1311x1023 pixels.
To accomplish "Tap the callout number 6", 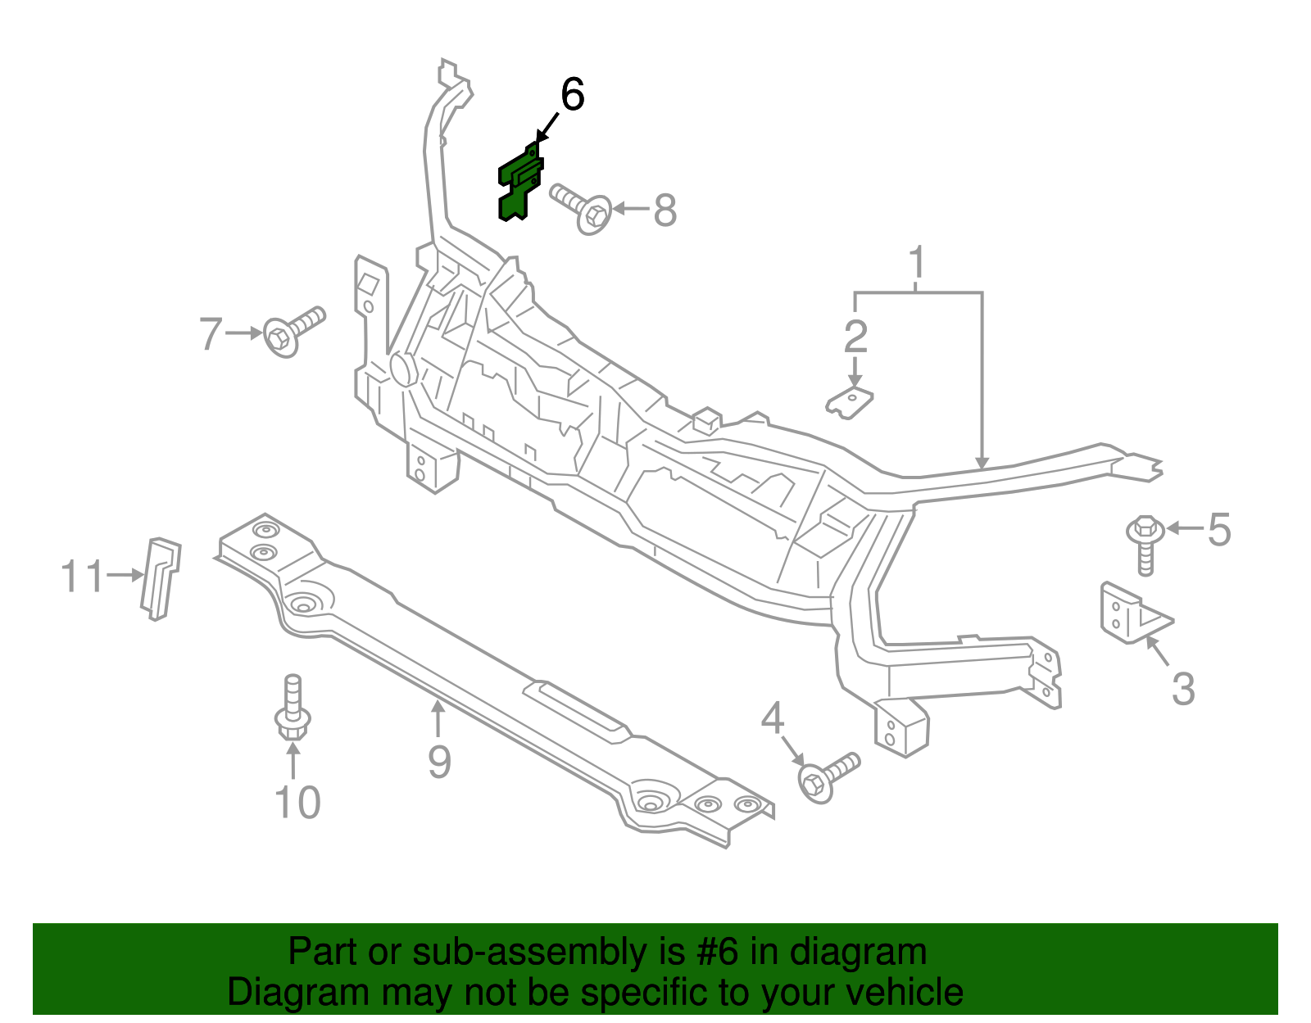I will [x=572, y=95].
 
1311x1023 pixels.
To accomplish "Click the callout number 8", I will [x=665, y=210].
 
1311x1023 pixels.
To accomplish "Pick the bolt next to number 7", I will [x=293, y=331].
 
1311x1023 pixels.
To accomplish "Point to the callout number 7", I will [x=211, y=334].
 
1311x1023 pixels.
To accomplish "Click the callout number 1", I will [x=917, y=263].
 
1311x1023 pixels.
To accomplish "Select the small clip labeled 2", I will [x=850, y=401].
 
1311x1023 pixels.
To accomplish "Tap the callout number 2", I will [x=855, y=337].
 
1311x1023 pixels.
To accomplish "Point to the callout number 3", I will [x=1182, y=689].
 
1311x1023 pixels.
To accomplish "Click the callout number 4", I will [x=773, y=719].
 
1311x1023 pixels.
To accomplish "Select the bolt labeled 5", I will [x=1145, y=541].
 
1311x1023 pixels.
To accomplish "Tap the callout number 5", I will [x=1219, y=530].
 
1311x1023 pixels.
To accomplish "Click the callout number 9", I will [x=439, y=762].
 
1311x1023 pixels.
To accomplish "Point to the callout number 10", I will [x=297, y=803].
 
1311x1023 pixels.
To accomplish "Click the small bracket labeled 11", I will [x=161, y=577].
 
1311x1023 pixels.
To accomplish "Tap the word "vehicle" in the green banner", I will [x=903, y=993].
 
